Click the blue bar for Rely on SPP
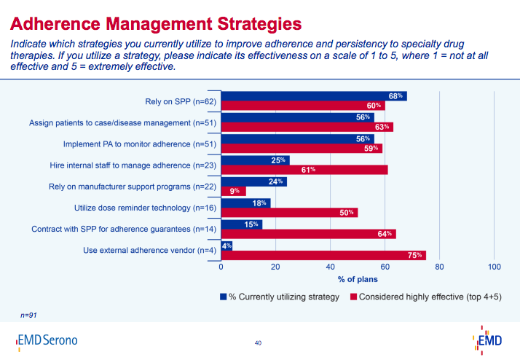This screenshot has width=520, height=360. (x=313, y=95)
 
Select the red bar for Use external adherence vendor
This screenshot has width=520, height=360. (x=323, y=256)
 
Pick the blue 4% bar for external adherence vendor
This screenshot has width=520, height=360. (x=226, y=246)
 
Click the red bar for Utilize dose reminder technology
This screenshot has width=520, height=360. (x=289, y=213)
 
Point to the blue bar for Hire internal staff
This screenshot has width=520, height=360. (x=255, y=160)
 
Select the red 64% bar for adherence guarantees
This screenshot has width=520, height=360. (x=308, y=234)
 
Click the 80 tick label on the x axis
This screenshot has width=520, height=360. (x=440, y=267)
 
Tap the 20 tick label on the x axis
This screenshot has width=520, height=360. (x=275, y=267)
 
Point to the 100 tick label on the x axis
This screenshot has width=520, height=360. (x=495, y=267)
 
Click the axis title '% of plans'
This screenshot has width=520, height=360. (x=358, y=279)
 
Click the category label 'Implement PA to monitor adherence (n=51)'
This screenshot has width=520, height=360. (x=135, y=144)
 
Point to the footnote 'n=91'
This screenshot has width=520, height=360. (x=30, y=314)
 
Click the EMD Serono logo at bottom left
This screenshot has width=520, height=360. (x=46, y=340)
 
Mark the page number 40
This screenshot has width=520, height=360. (x=258, y=343)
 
